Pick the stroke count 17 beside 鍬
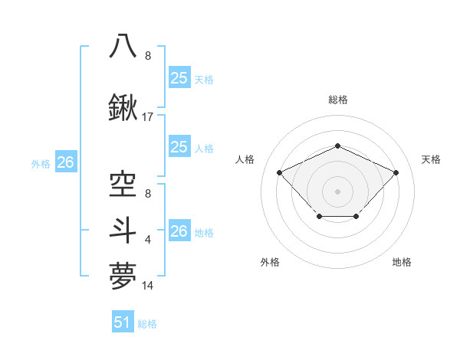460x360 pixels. click(149, 117)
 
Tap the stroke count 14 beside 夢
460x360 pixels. click(149, 285)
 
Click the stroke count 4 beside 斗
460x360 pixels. click(148, 240)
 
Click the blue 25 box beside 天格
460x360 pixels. click(179, 77)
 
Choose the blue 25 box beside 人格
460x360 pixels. click(179, 147)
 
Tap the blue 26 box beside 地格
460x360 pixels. click(179, 231)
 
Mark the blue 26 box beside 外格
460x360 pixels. click(65, 162)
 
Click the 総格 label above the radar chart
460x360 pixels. click(338, 100)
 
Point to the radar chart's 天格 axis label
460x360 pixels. click(431, 159)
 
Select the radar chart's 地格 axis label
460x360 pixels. click(402, 262)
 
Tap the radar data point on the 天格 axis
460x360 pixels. click(396, 172)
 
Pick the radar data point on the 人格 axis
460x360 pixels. click(281, 172)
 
